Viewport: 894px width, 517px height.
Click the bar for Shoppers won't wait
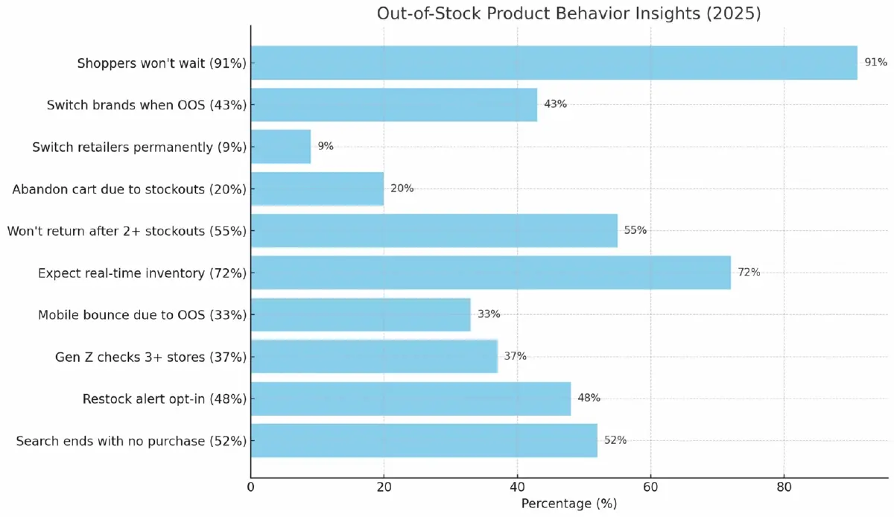554,63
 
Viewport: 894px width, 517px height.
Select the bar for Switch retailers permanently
281,147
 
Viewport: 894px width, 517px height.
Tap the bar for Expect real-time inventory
490,273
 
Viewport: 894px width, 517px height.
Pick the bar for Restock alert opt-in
410,399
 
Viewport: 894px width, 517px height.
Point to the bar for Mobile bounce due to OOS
361,314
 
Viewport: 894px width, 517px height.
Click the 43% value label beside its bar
555,104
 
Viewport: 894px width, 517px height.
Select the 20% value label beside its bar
402,188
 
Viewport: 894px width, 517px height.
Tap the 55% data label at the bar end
635,231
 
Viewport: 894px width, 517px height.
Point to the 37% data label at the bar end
515,357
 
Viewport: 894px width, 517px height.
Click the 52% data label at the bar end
615,440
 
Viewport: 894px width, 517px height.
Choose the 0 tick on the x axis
251,487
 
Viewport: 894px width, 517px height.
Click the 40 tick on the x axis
517,487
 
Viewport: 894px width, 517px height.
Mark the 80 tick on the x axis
784,487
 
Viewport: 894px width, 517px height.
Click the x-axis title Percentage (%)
569,504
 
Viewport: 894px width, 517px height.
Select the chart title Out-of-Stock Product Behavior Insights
568,13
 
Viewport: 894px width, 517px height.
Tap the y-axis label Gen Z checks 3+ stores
150,357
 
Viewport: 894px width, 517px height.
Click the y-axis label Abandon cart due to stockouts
129,189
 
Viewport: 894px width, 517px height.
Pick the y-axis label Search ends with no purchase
131,441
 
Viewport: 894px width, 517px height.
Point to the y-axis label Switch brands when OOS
146,105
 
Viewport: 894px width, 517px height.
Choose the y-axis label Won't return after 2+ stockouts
127,231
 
